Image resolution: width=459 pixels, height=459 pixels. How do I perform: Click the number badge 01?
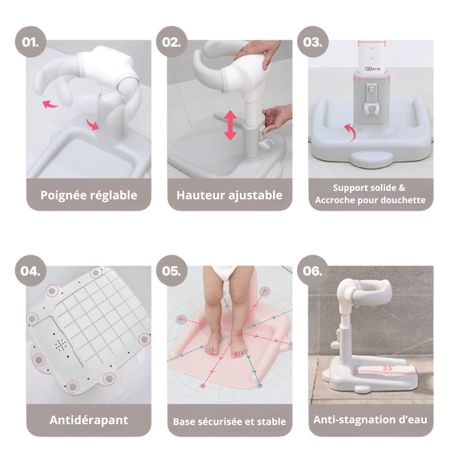pyautogui.click(x=31, y=42)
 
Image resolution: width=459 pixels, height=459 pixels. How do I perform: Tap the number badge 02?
pyautogui.click(x=172, y=42)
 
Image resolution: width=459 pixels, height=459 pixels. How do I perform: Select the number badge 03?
pyautogui.click(x=312, y=42)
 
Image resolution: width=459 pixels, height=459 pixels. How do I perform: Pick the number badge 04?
pyautogui.click(x=31, y=271)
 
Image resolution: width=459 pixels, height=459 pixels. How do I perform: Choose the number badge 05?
pyautogui.click(x=172, y=271)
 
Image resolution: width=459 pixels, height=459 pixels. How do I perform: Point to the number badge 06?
pyautogui.click(x=312, y=271)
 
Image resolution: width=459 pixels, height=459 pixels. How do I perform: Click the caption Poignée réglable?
pyautogui.click(x=89, y=195)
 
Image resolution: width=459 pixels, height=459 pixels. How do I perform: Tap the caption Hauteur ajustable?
pyautogui.click(x=229, y=195)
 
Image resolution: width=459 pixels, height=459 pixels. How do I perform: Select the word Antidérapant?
pyautogui.click(x=89, y=420)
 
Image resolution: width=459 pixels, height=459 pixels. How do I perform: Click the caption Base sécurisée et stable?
pyautogui.click(x=229, y=422)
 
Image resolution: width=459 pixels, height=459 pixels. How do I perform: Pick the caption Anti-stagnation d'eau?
pyautogui.click(x=370, y=420)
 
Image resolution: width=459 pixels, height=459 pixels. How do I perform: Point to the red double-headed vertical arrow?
pyautogui.click(x=230, y=125)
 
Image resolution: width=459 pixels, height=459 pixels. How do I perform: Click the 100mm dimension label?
pyautogui.click(x=372, y=68)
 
